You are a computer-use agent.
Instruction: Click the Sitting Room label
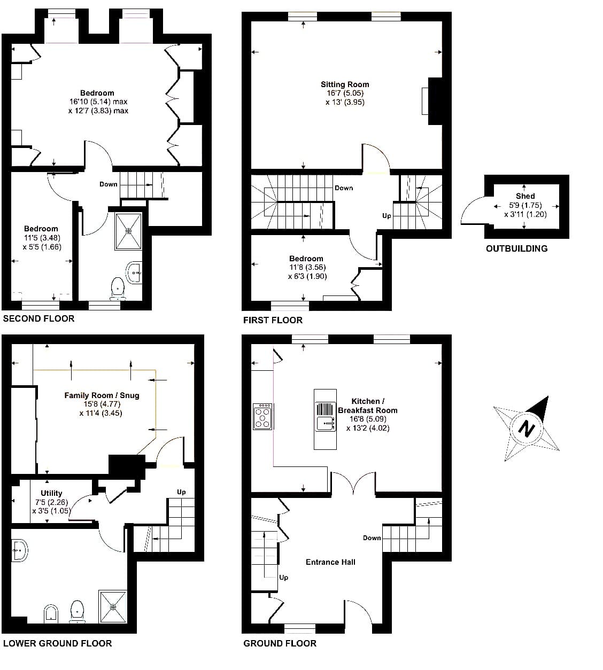[x=345, y=84]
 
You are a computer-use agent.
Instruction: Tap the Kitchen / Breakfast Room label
[x=368, y=406]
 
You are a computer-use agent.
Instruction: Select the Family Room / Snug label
[x=102, y=395]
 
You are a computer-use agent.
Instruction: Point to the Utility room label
[x=51, y=493]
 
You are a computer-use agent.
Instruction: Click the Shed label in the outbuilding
[x=525, y=196]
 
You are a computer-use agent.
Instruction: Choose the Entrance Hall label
[x=330, y=562]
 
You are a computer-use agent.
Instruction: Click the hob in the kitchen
[x=262, y=417]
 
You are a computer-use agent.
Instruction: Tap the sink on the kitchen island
[x=325, y=423]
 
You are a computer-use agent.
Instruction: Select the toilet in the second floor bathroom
[x=117, y=288]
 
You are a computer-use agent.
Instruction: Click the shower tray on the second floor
[x=128, y=231]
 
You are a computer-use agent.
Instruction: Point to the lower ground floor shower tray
[x=113, y=606]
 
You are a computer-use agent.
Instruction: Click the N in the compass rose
[x=526, y=429]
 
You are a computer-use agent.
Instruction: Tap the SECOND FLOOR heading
[x=39, y=318]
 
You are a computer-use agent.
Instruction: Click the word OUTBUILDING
[x=517, y=248]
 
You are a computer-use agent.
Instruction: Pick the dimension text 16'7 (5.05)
[x=345, y=93]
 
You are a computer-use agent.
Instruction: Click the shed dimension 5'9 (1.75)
[x=525, y=205]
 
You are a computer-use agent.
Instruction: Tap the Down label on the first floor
[x=344, y=188]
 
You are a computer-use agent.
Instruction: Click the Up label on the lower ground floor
[x=181, y=492]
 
